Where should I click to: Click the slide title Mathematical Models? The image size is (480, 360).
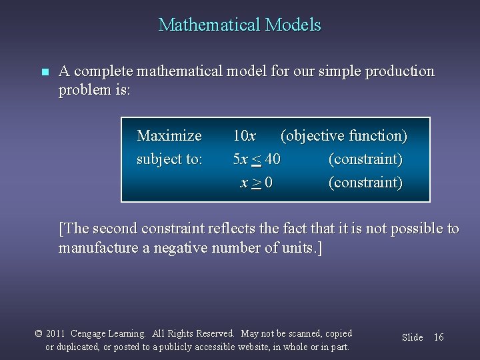point(239,25)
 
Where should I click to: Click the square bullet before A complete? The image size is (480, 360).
point(45,72)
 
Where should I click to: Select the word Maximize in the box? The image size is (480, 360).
point(169,136)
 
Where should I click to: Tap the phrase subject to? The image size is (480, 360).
point(169,159)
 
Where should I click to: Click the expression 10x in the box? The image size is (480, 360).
point(244,136)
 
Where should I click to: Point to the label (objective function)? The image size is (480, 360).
point(343,136)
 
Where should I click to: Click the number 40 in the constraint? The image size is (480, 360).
point(271,159)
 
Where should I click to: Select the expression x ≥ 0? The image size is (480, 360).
point(256,183)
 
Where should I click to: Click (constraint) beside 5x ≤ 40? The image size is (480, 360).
point(365,159)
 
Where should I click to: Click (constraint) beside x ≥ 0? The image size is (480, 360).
point(365,183)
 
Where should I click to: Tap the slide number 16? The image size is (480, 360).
point(438,337)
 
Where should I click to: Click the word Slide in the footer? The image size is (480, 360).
point(412,337)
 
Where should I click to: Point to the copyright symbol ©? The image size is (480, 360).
point(38,333)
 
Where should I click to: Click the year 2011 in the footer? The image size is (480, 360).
point(55,333)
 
